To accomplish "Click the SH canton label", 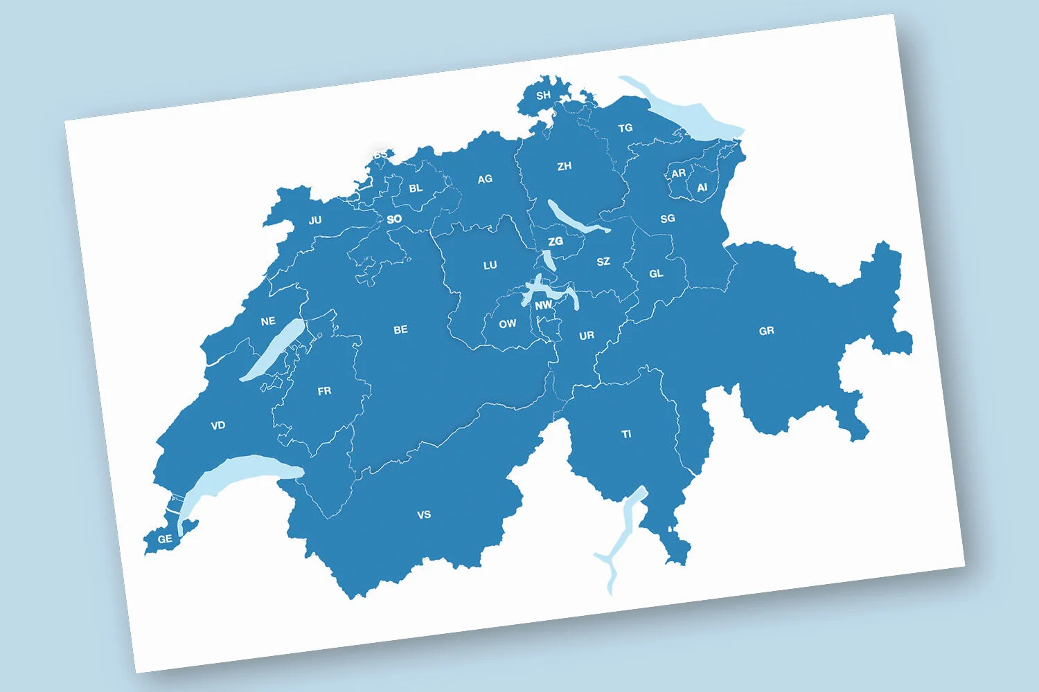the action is tap(544, 95).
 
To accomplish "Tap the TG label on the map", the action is tap(625, 128).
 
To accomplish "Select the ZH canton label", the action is tap(565, 166).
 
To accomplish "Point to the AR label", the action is tap(679, 174).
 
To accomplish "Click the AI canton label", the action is tap(702, 188).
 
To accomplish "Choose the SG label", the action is tap(668, 219).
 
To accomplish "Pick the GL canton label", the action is tap(657, 274).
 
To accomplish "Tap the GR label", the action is tap(767, 331).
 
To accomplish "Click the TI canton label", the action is tap(627, 435).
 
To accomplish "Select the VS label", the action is tap(424, 515).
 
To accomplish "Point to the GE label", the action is tap(165, 539).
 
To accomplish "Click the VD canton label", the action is tap(218, 426).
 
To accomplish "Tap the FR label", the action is tap(324, 392).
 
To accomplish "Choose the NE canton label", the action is tap(268, 321).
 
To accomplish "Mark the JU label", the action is tap(315, 221).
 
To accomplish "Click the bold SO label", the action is tap(394, 219).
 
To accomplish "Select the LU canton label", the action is tap(490, 266).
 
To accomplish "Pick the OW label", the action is tap(508, 324).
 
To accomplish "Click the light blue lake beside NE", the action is tap(272, 350).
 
